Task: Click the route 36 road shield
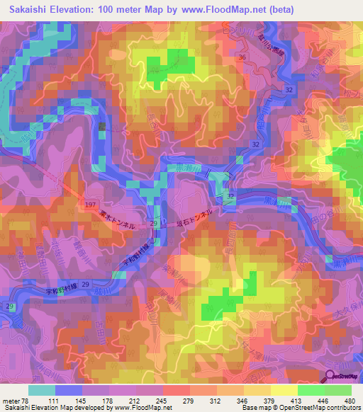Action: pos(242,57)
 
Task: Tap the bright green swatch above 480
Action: pos(337,390)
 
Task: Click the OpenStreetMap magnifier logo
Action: pos(330,377)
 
